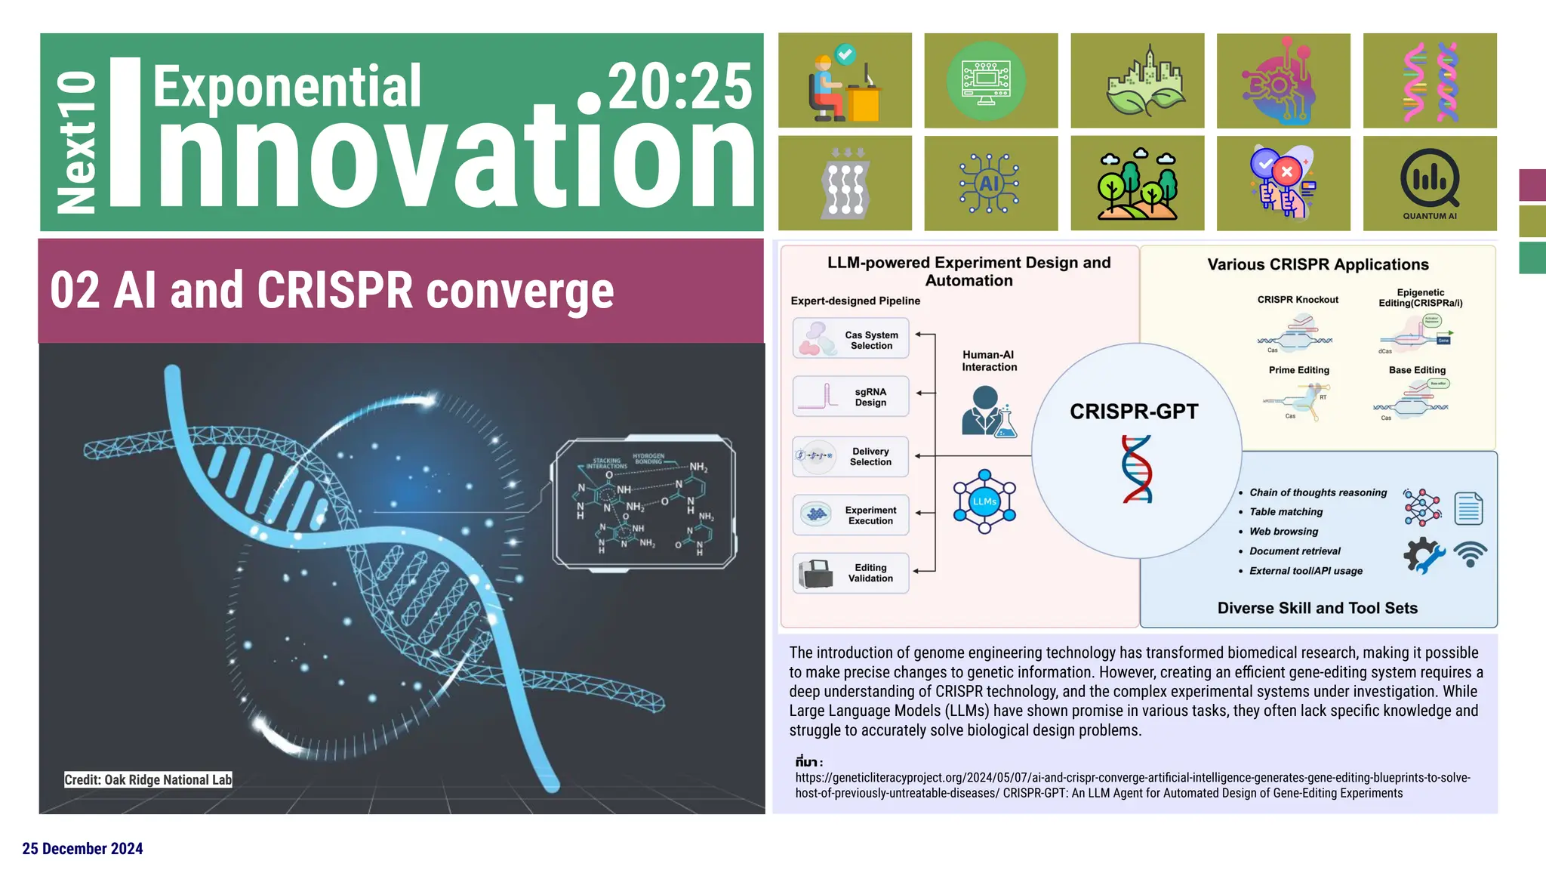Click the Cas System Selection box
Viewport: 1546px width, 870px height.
851,339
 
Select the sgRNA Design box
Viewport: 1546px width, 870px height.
851,396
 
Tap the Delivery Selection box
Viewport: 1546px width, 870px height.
851,456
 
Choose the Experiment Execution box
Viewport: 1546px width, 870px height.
851,515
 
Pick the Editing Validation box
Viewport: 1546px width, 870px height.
851,573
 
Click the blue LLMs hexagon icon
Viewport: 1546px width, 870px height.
984,501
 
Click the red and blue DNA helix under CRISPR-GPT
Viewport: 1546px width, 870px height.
1137,469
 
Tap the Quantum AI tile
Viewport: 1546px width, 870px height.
1430,184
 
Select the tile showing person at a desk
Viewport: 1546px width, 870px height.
845,80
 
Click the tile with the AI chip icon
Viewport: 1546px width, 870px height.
990,184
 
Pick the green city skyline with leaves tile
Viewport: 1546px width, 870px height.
1137,80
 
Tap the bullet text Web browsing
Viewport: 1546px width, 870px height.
1283,532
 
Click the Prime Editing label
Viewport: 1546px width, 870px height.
1298,370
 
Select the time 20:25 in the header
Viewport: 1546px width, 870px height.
679,86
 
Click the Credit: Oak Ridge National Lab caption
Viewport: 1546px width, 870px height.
148,780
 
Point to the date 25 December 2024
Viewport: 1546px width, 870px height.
82,849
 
